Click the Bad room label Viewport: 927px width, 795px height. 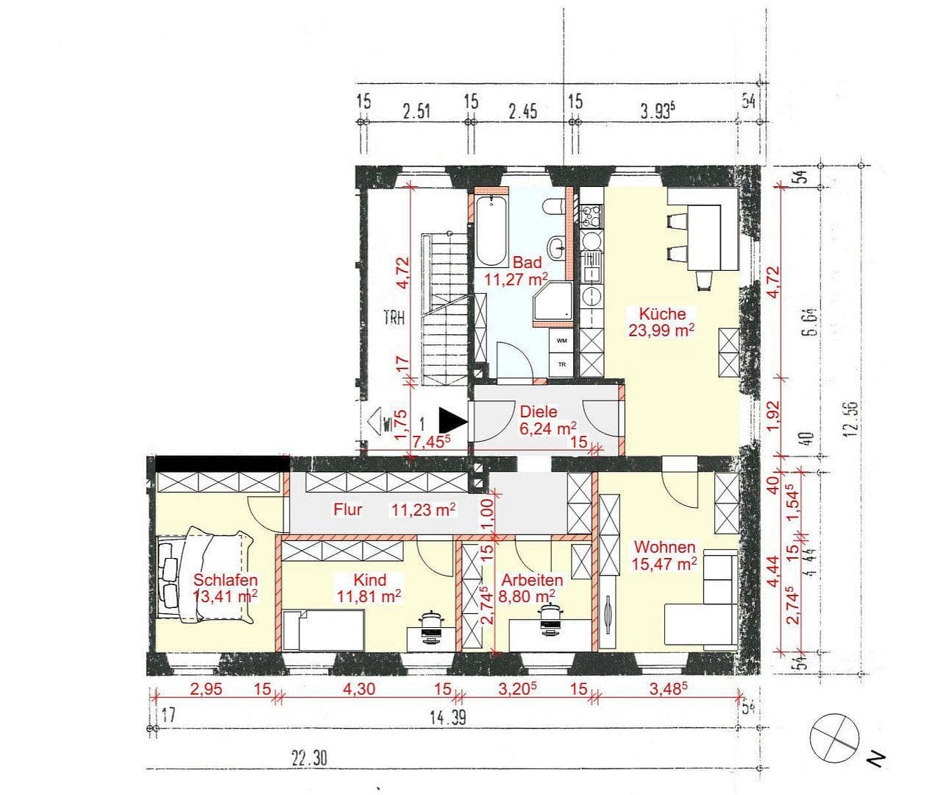point(527,262)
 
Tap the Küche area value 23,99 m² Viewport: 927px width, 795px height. point(661,330)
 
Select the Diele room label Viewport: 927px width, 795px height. point(539,412)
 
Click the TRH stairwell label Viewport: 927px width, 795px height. point(395,318)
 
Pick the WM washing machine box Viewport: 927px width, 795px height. point(561,341)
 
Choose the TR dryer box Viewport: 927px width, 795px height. point(561,364)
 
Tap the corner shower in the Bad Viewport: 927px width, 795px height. point(553,303)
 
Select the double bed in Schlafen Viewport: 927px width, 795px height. point(205,576)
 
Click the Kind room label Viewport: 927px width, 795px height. point(369,580)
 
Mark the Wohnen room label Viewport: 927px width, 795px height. point(664,548)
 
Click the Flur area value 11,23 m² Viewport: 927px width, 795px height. point(422,509)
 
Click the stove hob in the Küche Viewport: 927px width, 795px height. point(591,216)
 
